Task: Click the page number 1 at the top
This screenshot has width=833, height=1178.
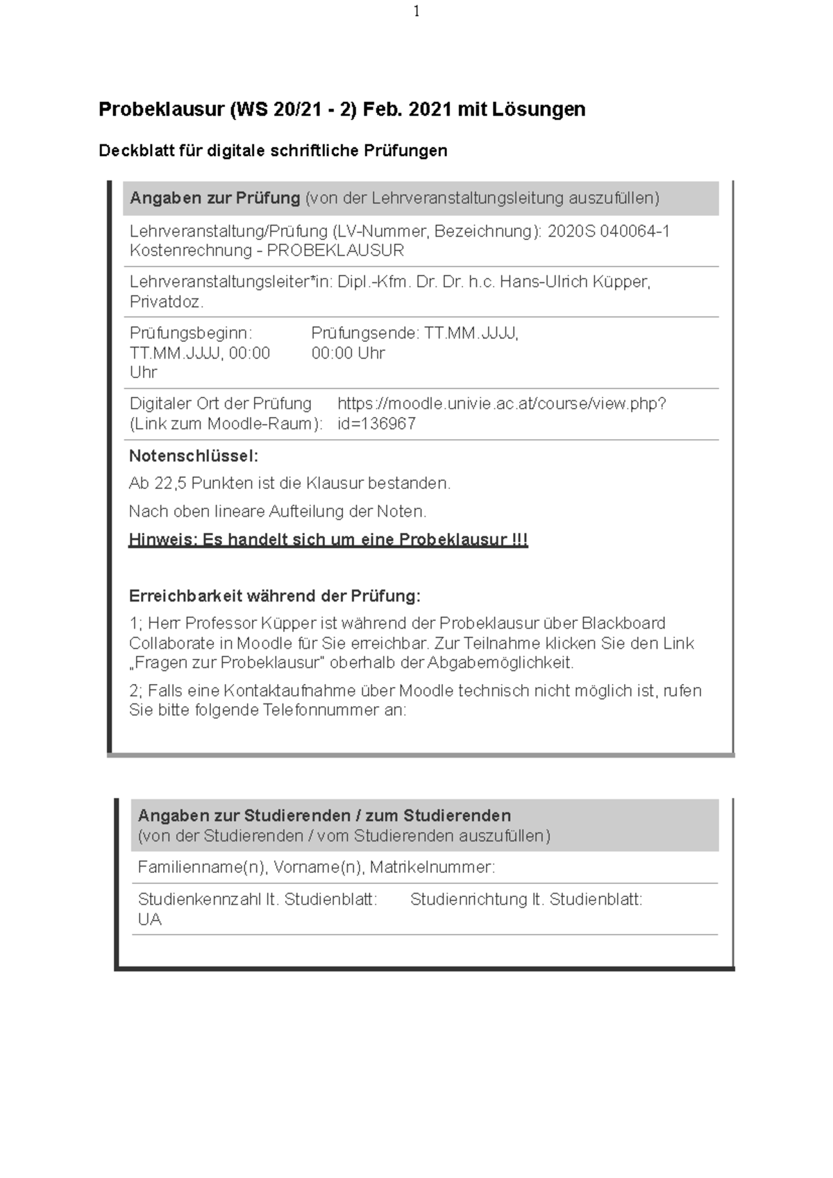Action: click(416, 11)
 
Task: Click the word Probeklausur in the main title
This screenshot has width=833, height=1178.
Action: click(161, 110)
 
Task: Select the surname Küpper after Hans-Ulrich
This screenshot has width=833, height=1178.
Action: click(623, 282)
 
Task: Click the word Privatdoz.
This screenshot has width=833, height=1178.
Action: click(167, 302)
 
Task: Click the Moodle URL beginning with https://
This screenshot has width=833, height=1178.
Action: click(501, 404)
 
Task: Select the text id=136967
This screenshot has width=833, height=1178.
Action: click(376, 424)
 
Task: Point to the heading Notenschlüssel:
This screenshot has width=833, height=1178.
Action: click(194, 456)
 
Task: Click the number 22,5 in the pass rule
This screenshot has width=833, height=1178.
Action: click(171, 483)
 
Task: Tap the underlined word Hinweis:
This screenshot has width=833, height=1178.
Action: click(162, 540)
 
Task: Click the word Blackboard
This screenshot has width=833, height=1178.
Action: click(623, 623)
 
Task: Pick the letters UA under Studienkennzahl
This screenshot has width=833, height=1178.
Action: click(149, 919)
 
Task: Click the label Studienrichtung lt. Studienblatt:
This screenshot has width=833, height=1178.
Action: click(526, 900)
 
